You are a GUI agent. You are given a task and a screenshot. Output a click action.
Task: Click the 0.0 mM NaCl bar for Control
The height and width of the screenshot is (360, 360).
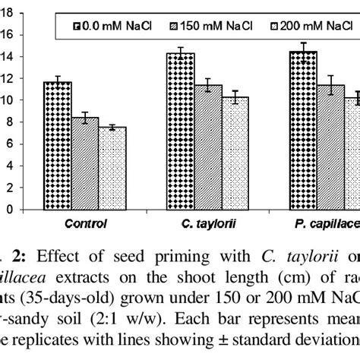pos(58,144)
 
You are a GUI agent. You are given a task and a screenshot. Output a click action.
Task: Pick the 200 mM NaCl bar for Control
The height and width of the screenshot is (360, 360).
pos(113,167)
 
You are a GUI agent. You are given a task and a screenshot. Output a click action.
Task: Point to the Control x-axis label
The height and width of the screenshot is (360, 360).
pos(86,223)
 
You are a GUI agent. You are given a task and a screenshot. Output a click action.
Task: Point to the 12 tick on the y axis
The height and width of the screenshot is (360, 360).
pos(7,78)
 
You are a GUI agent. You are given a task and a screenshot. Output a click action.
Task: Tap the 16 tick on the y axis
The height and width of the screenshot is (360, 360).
pos(7,34)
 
